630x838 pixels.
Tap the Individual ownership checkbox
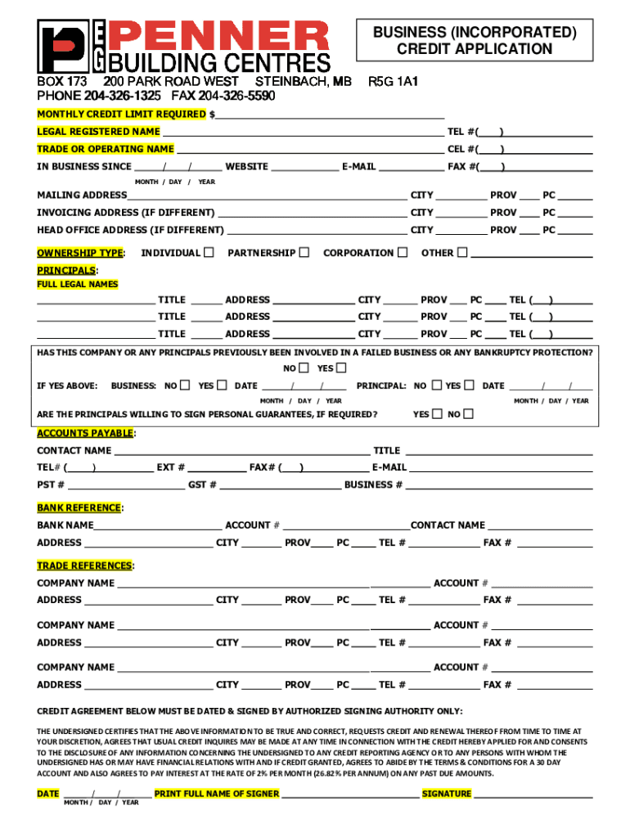point(209,252)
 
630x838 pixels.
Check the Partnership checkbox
point(304,252)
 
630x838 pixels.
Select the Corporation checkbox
point(402,252)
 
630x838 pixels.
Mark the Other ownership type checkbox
point(462,252)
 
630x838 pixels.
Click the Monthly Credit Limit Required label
point(122,114)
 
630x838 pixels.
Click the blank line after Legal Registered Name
point(303,132)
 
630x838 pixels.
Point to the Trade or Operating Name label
point(106,149)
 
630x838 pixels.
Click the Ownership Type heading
point(80,253)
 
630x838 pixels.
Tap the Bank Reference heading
point(79,508)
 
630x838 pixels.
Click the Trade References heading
point(84,565)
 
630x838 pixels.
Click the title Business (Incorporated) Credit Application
point(475,41)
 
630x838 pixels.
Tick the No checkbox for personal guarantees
point(468,414)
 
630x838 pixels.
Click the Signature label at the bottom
point(447,793)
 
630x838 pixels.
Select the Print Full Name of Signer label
point(217,793)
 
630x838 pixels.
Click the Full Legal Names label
point(78,284)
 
